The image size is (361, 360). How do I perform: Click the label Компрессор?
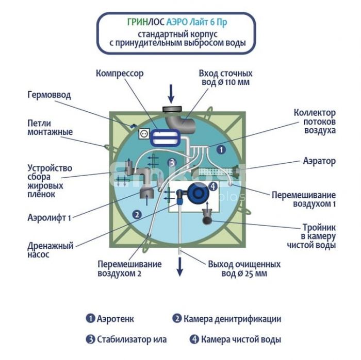pyautogui.click(x=119, y=74)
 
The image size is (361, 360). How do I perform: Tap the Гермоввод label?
pyautogui.click(x=49, y=95)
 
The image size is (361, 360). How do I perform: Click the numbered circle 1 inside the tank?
pyautogui.click(x=221, y=150)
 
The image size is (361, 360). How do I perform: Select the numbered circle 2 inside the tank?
pyautogui.click(x=137, y=214)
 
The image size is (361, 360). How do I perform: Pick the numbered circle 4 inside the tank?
pyautogui.click(x=212, y=186)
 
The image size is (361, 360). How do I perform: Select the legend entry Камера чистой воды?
pyautogui.click(x=235, y=339)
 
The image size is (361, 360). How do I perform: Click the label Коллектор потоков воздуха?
pyautogui.click(x=315, y=122)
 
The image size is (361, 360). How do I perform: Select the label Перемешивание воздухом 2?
pyautogui.click(x=129, y=269)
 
